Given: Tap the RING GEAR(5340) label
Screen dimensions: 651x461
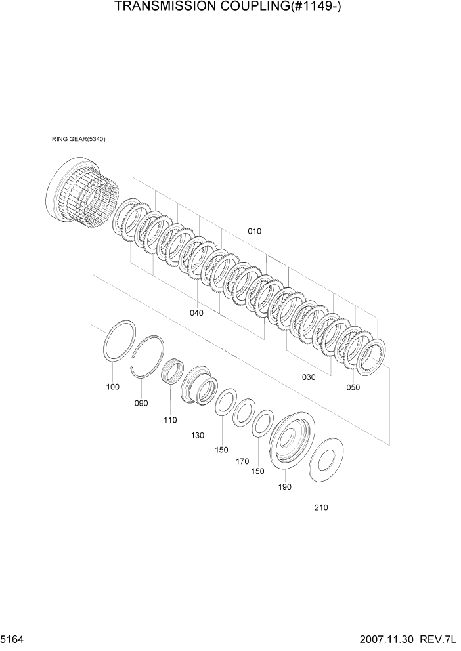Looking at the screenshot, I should [79, 139].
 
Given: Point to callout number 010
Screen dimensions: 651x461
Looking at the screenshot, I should [254, 231].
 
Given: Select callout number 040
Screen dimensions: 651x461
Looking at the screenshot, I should [196, 313].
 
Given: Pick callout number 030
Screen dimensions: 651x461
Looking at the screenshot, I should [308, 377].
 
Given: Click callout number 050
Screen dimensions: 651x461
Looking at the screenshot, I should [353, 387].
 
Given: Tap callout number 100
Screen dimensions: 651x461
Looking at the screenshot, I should [113, 387].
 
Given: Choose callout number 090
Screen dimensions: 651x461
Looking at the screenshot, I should [141, 403].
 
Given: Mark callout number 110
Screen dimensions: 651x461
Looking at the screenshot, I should [170, 420].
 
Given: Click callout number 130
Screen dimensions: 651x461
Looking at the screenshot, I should [198, 435].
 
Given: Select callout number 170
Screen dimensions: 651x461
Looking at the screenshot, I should [243, 461].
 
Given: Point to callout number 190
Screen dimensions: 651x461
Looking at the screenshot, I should [285, 486].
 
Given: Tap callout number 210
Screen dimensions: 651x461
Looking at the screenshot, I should [321, 507].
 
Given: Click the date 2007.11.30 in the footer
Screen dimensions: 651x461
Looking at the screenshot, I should [387, 639].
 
